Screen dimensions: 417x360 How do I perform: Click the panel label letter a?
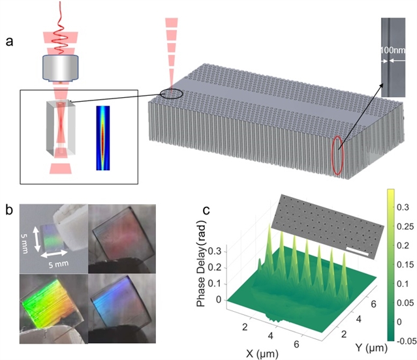point(9,42)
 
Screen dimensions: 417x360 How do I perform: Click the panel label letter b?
point(9,210)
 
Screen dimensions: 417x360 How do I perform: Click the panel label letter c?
point(206,210)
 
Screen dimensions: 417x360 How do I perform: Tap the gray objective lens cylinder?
point(61,68)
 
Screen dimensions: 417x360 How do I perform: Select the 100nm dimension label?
point(393,50)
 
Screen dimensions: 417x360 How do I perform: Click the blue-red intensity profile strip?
point(103,138)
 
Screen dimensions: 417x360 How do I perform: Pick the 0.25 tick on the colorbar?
point(405,226)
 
